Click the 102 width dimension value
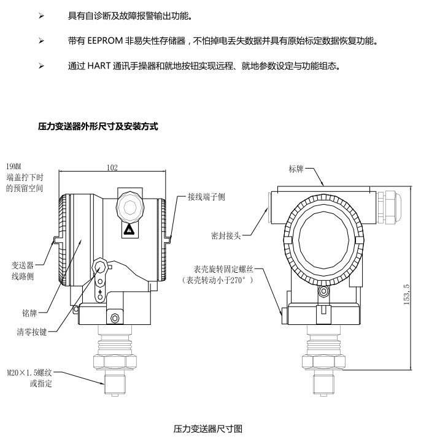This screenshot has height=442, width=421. (x=112, y=167)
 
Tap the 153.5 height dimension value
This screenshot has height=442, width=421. (x=406, y=294)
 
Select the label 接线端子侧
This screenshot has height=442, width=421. (x=207, y=197)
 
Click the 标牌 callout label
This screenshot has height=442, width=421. (x=296, y=169)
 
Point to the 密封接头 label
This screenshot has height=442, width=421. (x=226, y=235)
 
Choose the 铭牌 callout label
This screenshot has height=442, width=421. (x=29, y=313)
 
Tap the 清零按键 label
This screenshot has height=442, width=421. (x=31, y=332)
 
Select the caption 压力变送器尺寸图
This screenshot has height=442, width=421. (x=208, y=429)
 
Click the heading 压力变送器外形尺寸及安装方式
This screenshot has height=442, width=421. (x=98, y=126)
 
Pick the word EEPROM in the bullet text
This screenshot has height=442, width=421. (x=105, y=41)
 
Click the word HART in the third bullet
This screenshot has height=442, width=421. (x=99, y=66)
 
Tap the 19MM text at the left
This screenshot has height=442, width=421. (x=14, y=166)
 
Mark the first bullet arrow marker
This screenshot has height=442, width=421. (x=41, y=16)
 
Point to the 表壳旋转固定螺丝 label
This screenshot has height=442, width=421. (x=223, y=269)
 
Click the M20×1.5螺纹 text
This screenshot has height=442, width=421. (x=29, y=373)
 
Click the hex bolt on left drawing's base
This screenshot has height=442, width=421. (x=115, y=318)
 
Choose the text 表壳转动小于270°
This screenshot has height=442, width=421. (x=217, y=280)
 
